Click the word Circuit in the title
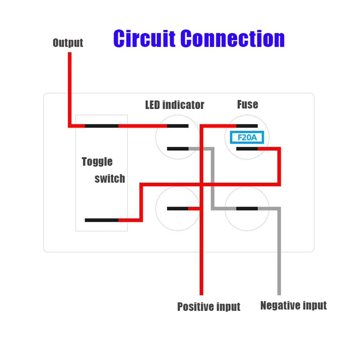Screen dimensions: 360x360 (x=144, y=39)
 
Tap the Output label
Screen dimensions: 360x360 (x=68, y=43)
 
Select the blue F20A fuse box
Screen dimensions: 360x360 (x=247, y=138)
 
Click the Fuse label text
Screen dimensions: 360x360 (x=247, y=104)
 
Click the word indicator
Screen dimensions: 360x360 (x=183, y=105)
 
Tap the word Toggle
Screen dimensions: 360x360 (x=97, y=162)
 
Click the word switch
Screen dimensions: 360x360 (x=110, y=179)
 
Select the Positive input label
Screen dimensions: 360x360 (x=208, y=307)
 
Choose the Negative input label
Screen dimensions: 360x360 (x=293, y=306)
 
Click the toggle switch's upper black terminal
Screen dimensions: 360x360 (x=102, y=126)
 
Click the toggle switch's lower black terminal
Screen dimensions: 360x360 (x=102, y=220)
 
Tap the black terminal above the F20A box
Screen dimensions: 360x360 (x=247, y=126)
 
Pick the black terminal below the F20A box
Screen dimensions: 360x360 (x=247, y=148)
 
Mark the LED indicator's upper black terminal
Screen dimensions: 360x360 (x=177, y=126)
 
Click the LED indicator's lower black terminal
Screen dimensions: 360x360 (x=177, y=148)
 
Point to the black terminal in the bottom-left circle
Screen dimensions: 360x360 (x=177, y=208)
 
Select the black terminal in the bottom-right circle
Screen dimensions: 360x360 (x=247, y=208)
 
